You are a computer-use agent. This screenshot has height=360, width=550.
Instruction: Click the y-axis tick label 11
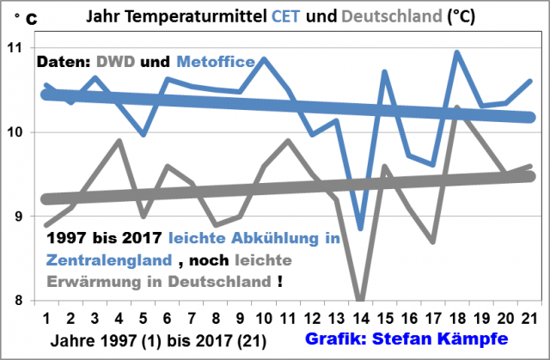[18, 48]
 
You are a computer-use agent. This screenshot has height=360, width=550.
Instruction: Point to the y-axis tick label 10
[18, 132]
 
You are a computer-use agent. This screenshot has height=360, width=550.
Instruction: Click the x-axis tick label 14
[360, 315]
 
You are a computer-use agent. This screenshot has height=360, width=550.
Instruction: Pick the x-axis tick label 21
[529, 315]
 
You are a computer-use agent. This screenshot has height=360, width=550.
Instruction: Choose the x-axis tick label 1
[46, 315]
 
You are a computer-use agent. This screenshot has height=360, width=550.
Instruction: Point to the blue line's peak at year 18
[457, 52]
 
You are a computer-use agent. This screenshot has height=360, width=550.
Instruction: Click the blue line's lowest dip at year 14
[361, 229]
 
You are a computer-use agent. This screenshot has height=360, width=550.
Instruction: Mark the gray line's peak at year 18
[457, 107]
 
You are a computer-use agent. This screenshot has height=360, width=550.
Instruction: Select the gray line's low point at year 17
[433, 242]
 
